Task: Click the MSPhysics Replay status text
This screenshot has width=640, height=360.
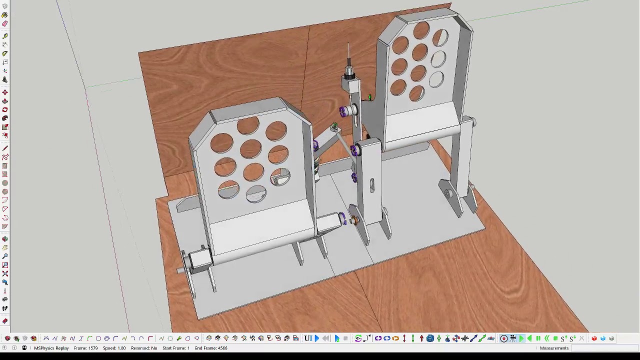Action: pyautogui.click(x=51, y=348)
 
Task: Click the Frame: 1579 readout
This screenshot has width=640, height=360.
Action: pyautogui.click(x=85, y=348)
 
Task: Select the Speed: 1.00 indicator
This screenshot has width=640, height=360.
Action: pyautogui.click(x=114, y=348)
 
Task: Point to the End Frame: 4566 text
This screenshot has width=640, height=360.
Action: pyautogui.click(x=211, y=348)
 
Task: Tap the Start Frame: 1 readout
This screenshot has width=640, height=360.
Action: pyautogui.click(x=175, y=348)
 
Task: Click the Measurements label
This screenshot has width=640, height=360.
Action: pyautogui.click(x=554, y=348)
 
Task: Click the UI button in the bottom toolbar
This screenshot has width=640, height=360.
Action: pyautogui.click(x=308, y=338)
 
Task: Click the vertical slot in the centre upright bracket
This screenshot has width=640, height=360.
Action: pyautogui.click(x=372, y=185)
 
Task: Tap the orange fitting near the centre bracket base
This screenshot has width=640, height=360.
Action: pyautogui.click(x=354, y=220)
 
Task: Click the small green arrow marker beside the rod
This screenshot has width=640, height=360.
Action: pyautogui.click(x=369, y=97)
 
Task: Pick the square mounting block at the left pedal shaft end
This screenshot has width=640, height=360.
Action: pyautogui.click(x=199, y=259)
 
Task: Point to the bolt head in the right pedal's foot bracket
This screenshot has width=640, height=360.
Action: pyautogui.click(x=448, y=193)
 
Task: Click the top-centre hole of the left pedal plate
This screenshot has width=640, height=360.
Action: pyautogui.click(x=247, y=125)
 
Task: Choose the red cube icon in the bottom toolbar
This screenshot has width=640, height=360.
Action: pyautogui.click(x=594, y=338)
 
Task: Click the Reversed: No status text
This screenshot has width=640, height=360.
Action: pyautogui.click(x=144, y=348)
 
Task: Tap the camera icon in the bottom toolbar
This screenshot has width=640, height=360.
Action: pyautogui.click(x=512, y=338)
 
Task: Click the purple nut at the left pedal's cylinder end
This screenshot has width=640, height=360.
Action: pyautogui.click(x=342, y=218)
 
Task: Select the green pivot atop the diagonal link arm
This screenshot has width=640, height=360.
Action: pyautogui.click(x=334, y=127)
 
